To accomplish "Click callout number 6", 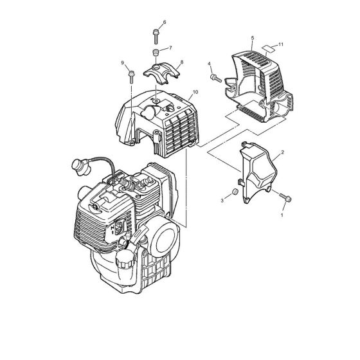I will [x=165, y=22].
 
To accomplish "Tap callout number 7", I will [x=170, y=48].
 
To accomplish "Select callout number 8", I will [x=182, y=62].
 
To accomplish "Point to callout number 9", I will [x=122, y=62].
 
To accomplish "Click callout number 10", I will [x=195, y=93].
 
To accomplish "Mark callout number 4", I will [x=209, y=63].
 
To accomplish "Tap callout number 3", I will [x=222, y=201].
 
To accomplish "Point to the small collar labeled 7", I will [x=156, y=51].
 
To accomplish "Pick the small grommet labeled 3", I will [x=235, y=192].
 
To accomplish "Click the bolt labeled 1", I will [x=285, y=197].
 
